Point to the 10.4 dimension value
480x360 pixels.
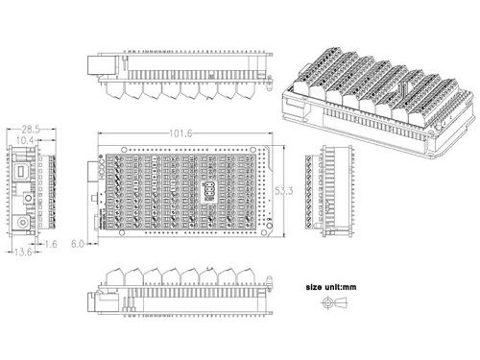tap(27, 140)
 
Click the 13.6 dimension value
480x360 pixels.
tap(20, 252)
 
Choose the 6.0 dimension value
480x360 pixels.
tap(81, 245)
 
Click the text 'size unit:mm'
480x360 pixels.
tap(331, 287)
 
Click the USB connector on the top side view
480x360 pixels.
tap(99, 65)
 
